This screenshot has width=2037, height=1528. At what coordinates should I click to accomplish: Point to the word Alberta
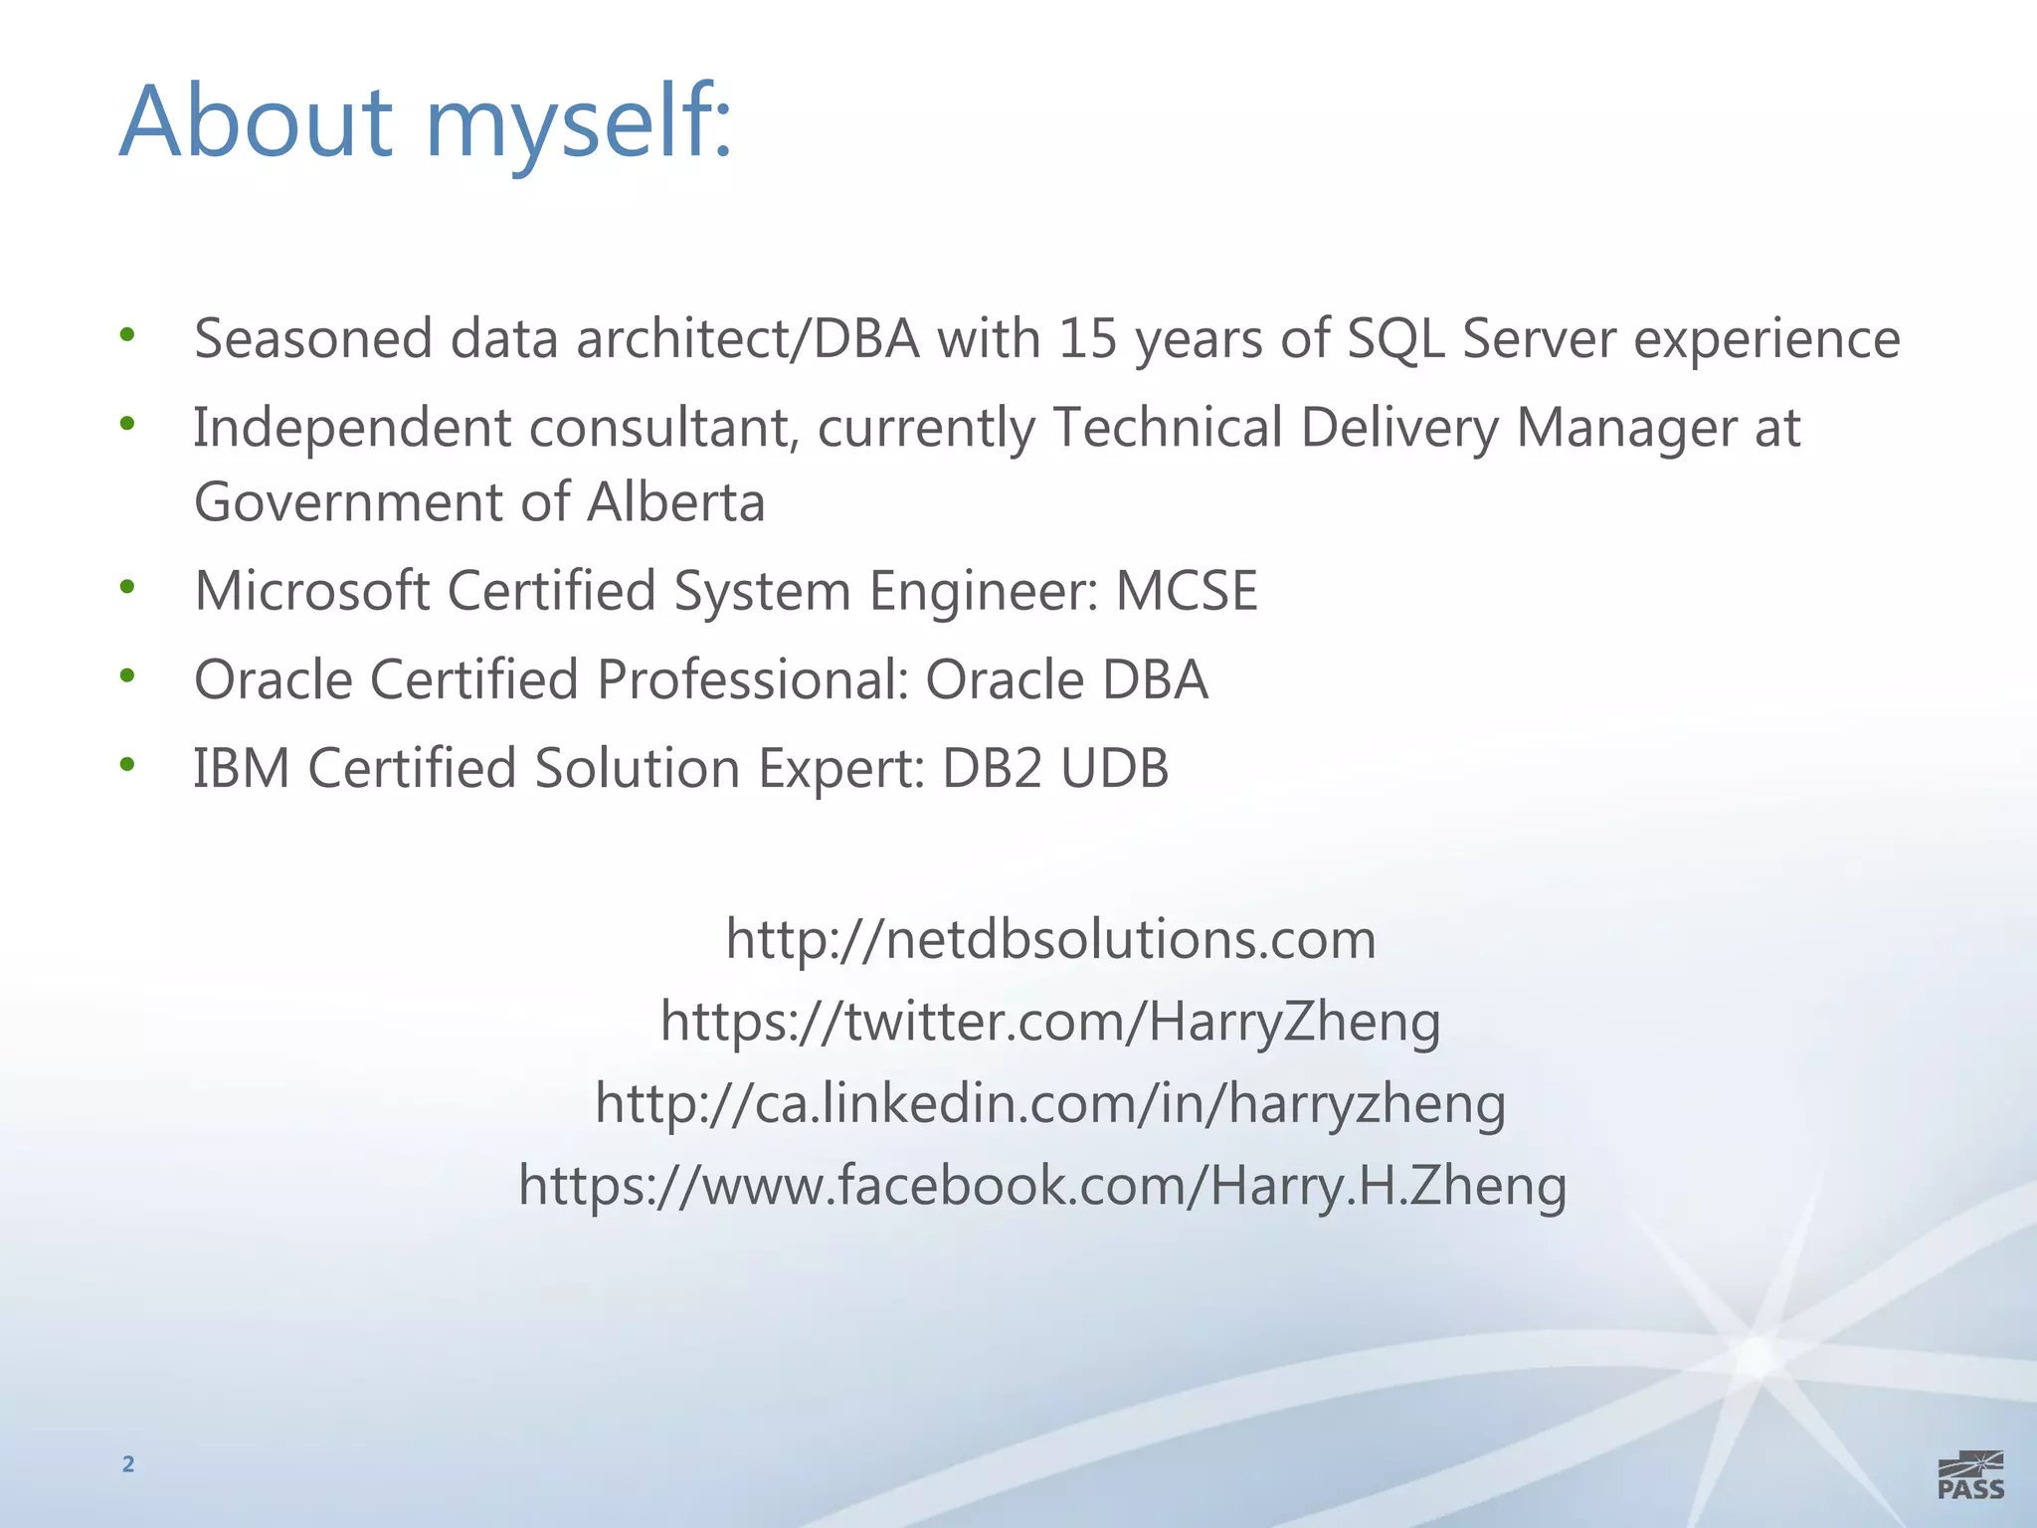[x=676, y=501]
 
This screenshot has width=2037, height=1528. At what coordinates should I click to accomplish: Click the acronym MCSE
[x=1187, y=590]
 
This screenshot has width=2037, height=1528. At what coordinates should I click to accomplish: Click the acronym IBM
[x=241, y=768]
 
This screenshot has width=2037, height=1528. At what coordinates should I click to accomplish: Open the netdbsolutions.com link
[x=1050, y=939]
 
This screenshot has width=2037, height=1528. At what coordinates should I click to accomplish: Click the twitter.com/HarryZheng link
[x=1050, y=1022]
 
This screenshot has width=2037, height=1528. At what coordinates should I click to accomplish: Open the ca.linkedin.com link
[x=1050, y=1103]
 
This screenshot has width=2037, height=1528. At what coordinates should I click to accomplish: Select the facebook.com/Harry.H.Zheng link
[x=1042, y=1186]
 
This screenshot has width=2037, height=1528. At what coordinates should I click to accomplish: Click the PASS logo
[x=1970, y=1474]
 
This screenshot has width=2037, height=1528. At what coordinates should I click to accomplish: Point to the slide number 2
[x=127, y=1463]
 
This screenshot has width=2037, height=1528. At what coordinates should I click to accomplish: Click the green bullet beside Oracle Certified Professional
[x=126, y=676]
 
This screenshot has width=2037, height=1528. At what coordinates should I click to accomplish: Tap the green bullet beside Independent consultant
[x=126, y=424]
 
